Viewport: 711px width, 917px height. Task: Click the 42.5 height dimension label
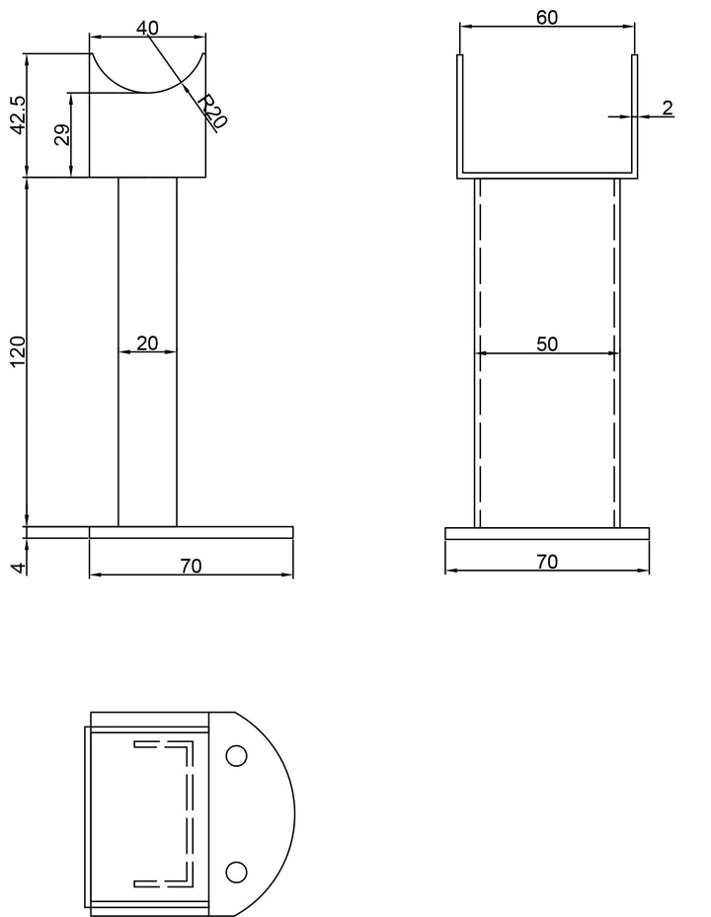[16, 115]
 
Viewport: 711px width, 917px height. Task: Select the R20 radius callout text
[211, 111]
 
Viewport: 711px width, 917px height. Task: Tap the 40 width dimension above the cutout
[147, 27]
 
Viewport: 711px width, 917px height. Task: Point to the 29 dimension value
[61, 135]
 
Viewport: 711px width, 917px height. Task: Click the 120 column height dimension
[16, 352]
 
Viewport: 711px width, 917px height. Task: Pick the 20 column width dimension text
[147, 343]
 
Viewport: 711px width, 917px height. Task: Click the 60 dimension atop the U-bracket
[546, 18]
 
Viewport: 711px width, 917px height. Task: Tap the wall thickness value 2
[668, 108]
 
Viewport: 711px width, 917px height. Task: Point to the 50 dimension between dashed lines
[547, 344]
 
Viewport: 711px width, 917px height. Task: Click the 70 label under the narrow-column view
[191, 566]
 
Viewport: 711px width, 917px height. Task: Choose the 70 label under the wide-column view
[547, 562]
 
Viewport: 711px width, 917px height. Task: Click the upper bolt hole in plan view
[236, 756]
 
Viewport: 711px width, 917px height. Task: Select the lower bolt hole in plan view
[236, 871]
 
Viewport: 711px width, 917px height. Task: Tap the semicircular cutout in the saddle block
[148, 74]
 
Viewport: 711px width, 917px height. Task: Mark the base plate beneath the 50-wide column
[547, 533]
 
